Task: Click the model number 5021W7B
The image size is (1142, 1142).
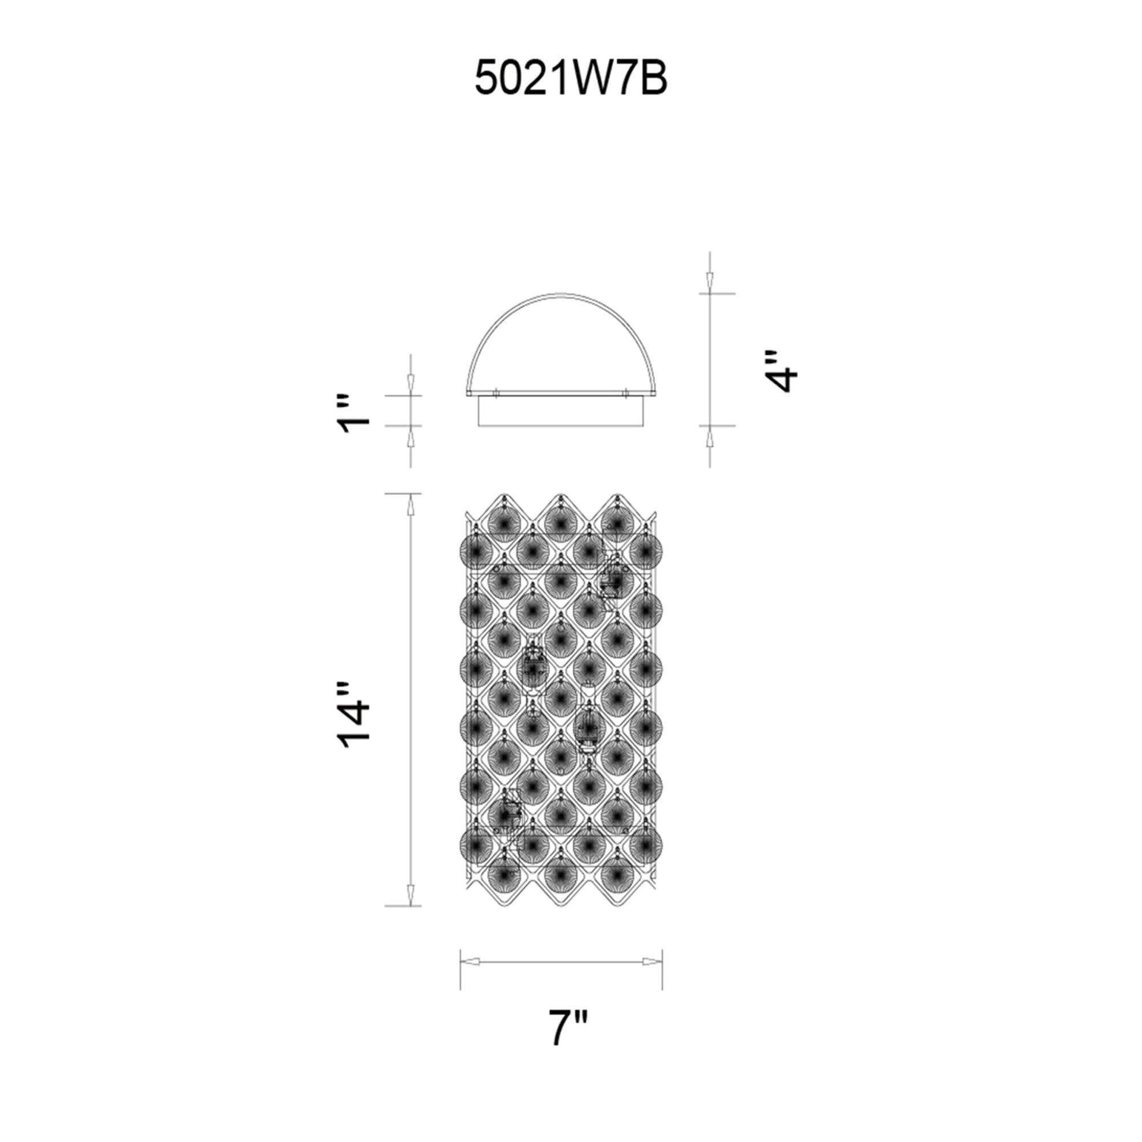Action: pyautogui.click(x=571, y=79)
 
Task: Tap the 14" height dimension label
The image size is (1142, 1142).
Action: pyautogui.click(x=353, y=717)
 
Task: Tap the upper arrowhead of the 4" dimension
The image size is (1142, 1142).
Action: pyautogui.click(x=710, y=283)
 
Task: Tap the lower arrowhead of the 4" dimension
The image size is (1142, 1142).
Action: pyautogui.click(x=710, y=437)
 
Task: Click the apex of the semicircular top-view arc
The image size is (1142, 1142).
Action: pyautogui.click(x=561, y=292)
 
